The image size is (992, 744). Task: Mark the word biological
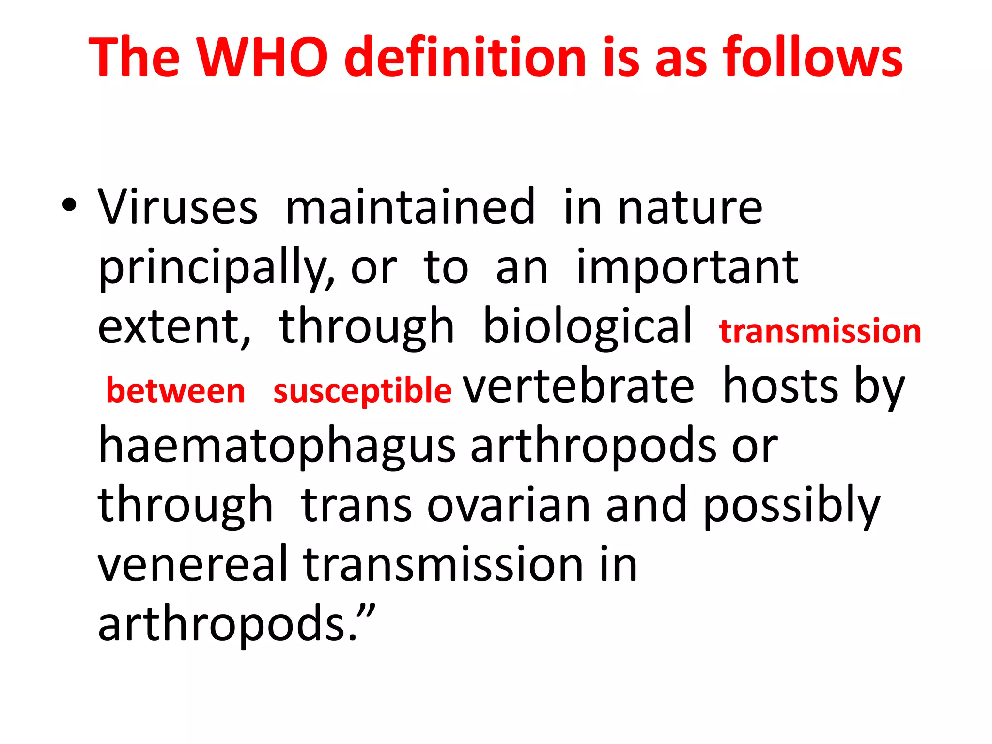(588, 327)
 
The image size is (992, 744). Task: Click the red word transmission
(820, 331)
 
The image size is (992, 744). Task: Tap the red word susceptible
(362, 391)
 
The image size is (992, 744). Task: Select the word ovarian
(509, 506)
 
